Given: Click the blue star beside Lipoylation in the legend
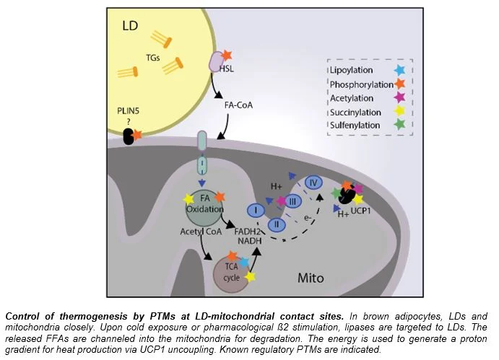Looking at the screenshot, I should click(x=399, y=71).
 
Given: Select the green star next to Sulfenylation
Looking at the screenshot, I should click(x=399, y=125).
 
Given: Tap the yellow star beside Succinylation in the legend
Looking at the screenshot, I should click(x=399, y=111).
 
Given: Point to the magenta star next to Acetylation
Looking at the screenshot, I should click(x=399, y=97).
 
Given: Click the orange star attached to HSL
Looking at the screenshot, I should click(x=227, y=55).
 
